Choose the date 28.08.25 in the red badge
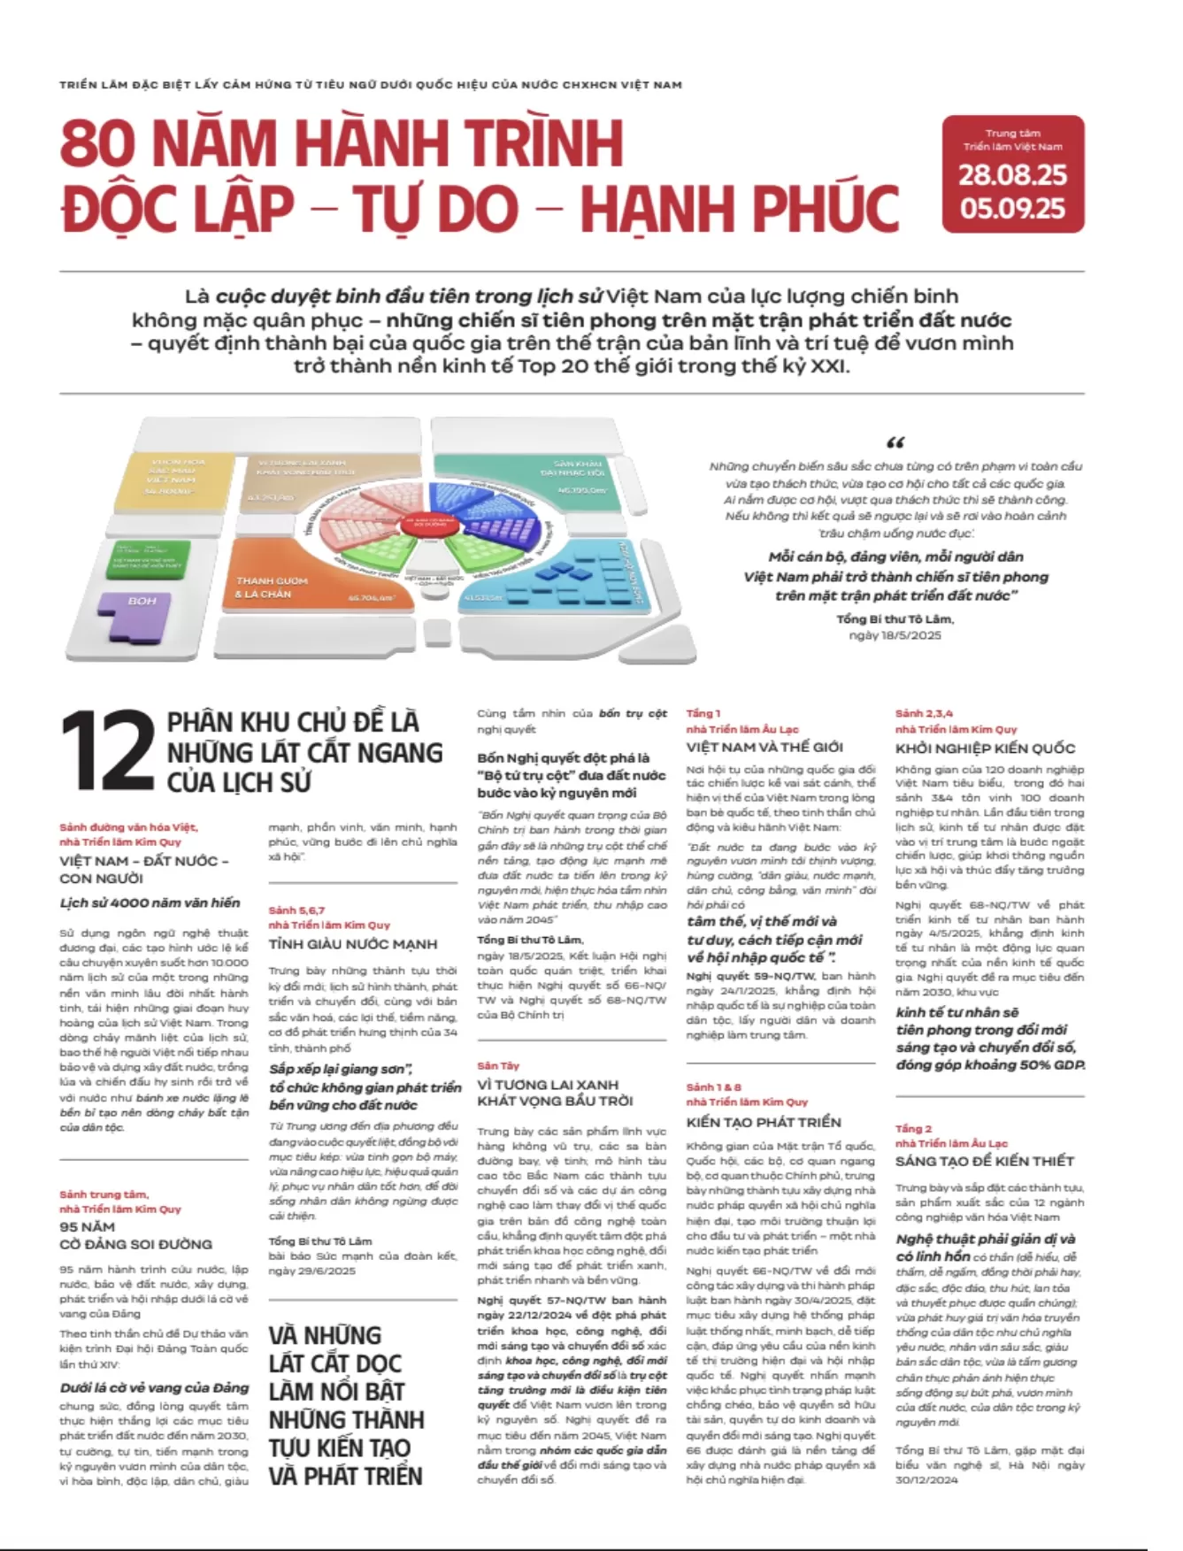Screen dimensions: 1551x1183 [x=1012, y=174]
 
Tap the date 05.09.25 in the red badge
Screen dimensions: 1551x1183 [x=1012, y=208]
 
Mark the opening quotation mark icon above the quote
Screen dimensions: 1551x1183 [x=895, y=442]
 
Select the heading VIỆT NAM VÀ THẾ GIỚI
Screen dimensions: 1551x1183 [x=764, y=747]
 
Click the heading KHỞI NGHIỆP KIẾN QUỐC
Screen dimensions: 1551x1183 [x=985, y=749]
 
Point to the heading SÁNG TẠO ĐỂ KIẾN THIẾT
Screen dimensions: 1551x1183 [x=984, y=1161]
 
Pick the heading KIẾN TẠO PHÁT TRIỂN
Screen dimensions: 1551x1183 [x=764, y=1122]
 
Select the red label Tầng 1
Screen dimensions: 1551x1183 [x=703, y=713]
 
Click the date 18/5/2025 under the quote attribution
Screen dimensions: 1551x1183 [x=895, y=635]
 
